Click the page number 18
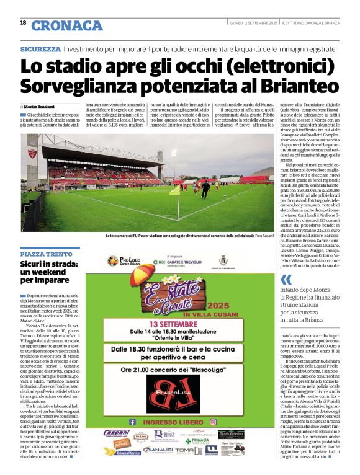coord(23,22)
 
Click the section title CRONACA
coord(66,25)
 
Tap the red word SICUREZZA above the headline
coord(40,48)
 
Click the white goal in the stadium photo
coord(61,186)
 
